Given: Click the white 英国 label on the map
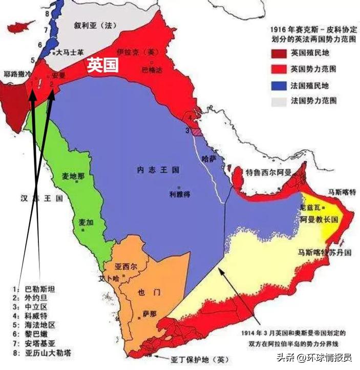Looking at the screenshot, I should pyautogui.click(x=102, y=65).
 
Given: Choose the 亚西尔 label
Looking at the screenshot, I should pyautogui.click(x=126, y=267).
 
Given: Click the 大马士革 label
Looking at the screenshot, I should pyautogui.click(x=68, y=52).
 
